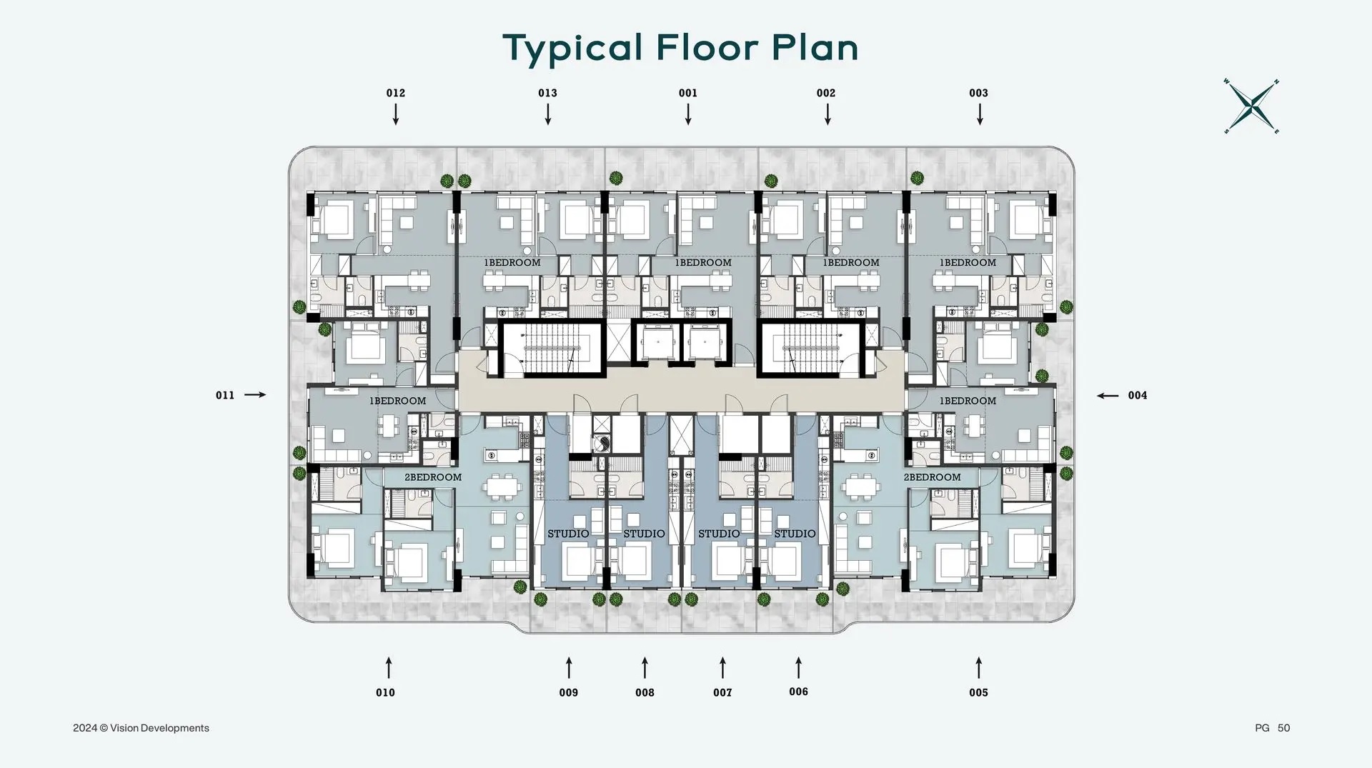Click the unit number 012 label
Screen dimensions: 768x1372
[395, 93]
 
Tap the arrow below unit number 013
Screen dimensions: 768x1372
[548, 114]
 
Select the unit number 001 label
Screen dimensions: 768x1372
[687, 93]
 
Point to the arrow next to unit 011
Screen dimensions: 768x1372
[255, 394]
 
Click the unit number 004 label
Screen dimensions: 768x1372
[1137, 395]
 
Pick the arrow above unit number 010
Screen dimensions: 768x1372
[389, 667]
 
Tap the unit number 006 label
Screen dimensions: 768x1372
[798, 692]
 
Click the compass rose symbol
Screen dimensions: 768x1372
[1251, 107]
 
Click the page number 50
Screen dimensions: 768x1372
[1283, 728]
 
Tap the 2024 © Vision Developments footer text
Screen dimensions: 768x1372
[141, 728]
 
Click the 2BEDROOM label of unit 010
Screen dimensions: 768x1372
[433, 477]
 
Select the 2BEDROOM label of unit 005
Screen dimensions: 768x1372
[932, 477]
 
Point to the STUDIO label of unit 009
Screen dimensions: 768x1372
[568, 534]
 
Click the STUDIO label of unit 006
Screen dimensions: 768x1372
[795, 534]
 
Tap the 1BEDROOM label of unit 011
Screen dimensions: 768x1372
[397, 401]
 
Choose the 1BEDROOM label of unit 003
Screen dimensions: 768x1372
[968, 263]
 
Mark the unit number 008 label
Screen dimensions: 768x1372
[645, 692]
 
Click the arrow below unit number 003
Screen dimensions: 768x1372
[980, 114]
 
